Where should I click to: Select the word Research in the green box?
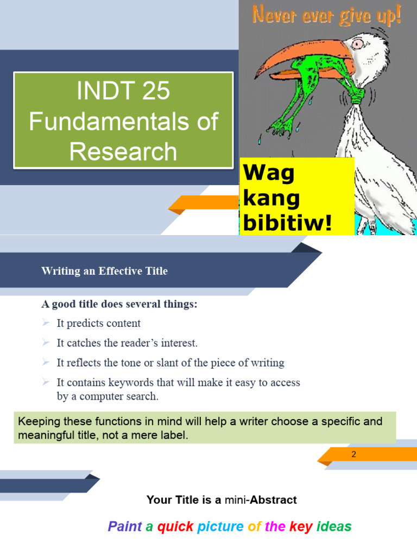tap(123, 151)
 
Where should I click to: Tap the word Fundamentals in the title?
tap(109, 121)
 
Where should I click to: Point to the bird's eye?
tap(357, 44)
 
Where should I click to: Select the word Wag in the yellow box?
tap(269, 173)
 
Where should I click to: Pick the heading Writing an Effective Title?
tap(105, 271)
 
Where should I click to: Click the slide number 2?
tap(353, 454)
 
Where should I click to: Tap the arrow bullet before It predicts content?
tap(46, 323)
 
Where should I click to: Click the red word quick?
tap(175, 526)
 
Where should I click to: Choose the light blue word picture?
tap(221, 526)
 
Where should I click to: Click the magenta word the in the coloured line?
tap(275, 526)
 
